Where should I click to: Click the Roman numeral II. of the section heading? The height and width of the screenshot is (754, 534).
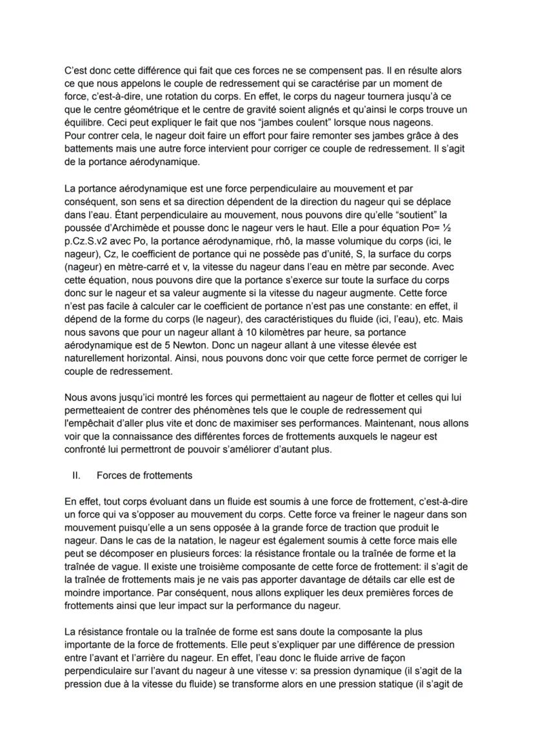pyautogui.click(x=75, y=475)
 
